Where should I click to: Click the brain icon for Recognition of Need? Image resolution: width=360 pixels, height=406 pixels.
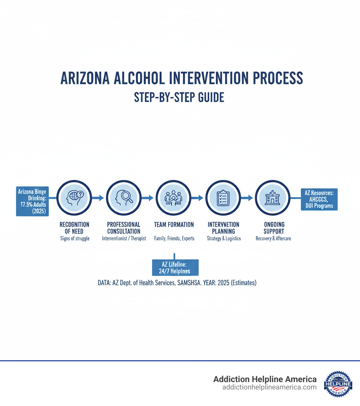(74, 198)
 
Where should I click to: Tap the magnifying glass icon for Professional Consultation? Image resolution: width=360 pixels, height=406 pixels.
(124, 198)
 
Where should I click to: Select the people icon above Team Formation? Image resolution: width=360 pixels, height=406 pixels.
(173, 198)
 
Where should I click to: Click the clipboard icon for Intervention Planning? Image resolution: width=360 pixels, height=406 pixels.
(223, 198)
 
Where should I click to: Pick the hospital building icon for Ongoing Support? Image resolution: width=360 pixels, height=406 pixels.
(272, 198)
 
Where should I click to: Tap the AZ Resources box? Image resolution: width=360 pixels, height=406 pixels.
(319, 199)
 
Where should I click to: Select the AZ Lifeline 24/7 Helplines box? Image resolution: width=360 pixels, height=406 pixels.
(175, 267)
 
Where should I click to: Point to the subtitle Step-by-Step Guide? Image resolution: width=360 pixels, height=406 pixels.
(179, 97)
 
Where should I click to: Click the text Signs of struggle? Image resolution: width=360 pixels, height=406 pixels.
(74, 239)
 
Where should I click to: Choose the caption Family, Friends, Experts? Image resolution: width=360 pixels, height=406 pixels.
(174, 239)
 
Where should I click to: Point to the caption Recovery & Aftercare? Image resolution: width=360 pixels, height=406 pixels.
(273, 239)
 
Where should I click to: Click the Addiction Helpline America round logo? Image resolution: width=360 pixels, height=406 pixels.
(338, 383)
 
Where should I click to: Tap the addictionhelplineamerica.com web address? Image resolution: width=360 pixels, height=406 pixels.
(269, 387)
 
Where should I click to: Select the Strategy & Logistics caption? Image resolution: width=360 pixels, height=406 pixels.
(223, 239)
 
